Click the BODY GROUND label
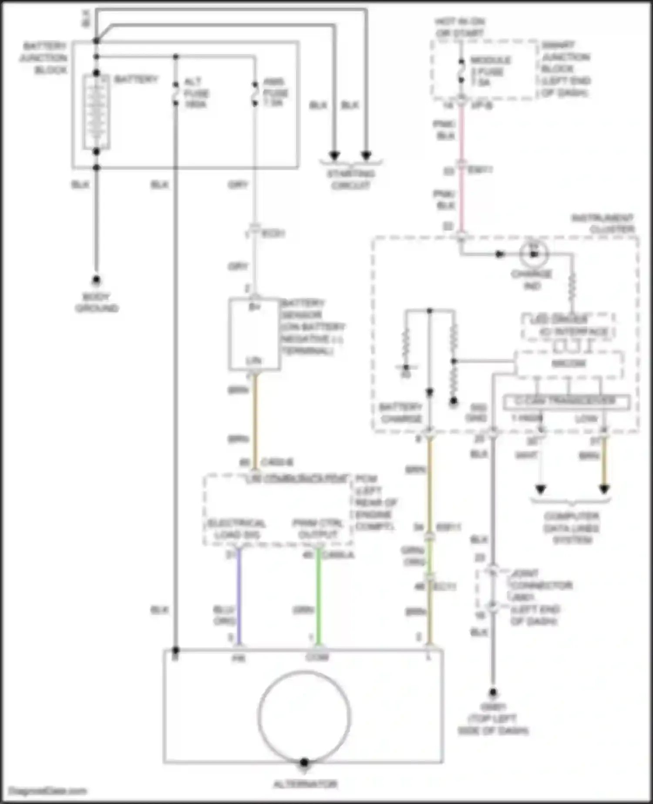pos(97,302)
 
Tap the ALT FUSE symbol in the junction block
pos(176,93)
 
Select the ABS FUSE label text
pos(275,92)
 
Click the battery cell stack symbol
pos(96,112)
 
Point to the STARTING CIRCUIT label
pos(350,179)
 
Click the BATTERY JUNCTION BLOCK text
pos(44,57)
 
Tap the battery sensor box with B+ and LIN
pos(254,334)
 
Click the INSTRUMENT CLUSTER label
pos(605,223)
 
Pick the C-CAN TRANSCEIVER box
pos(566,402)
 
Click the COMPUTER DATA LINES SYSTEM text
pos(572,528)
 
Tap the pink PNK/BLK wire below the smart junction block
pos(461,131)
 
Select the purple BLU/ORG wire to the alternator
pos(238,597)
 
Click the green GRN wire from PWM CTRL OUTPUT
pos(318,597)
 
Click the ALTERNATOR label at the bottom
pos(305,784)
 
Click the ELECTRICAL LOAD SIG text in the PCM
pos(236,528)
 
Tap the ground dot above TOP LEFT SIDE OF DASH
pos(493,692)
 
